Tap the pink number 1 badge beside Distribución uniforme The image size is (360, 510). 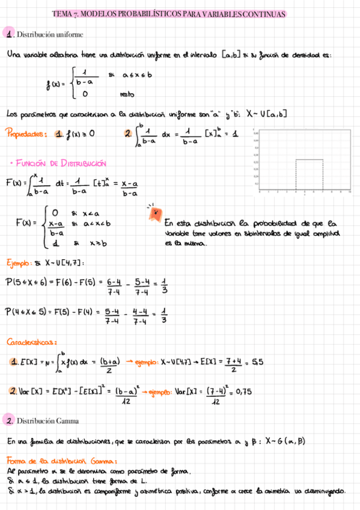(8, 34)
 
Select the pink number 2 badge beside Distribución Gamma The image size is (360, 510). (8, 420)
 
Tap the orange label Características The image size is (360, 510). (32, 342)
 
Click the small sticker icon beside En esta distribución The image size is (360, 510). (154, 212)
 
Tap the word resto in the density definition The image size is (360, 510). (127, 94)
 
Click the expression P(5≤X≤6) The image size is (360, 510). (29, 281)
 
